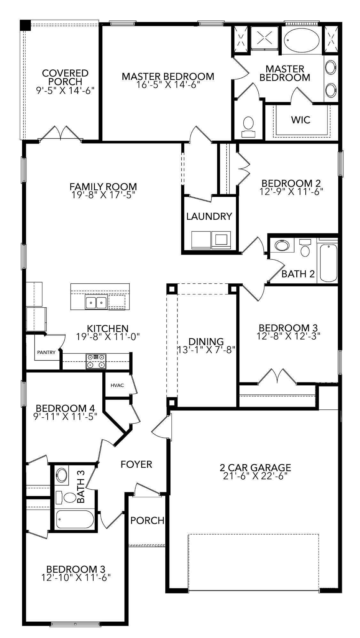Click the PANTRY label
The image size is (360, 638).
46,352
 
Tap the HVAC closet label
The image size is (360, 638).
117,385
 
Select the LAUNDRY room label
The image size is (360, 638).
209,217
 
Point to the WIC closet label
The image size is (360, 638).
301,120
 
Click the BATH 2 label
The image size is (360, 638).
298,274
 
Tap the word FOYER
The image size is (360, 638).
136,464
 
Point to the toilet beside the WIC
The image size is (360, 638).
248,127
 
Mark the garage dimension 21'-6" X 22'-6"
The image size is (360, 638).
255,476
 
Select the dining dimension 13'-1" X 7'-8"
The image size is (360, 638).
206,350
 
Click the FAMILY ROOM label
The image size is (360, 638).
103,187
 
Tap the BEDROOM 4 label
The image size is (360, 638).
65,408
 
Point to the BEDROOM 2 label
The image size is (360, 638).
291,184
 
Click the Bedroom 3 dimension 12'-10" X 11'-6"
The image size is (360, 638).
76,578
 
